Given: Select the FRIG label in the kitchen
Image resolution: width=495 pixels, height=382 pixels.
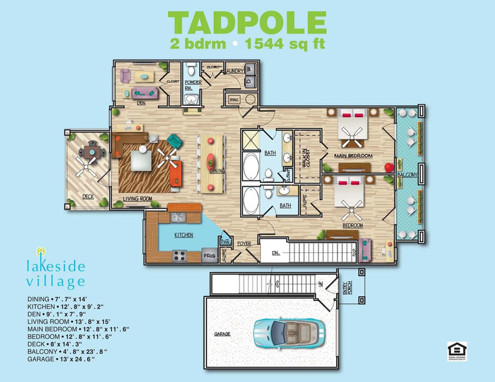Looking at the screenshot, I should pyautogui.click(x=209, y=256).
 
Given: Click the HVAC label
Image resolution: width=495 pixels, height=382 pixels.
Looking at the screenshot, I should pyautogui.click(x=234, y=100).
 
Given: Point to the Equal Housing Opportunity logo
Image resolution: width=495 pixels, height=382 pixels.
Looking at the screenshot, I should pyautogui.click(x=456, y=351).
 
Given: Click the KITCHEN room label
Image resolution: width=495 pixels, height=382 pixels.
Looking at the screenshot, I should pyautogui.click(x=184, y=235).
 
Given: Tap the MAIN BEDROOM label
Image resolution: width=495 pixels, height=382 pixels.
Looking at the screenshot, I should pyautogui.click(x=353, y=156).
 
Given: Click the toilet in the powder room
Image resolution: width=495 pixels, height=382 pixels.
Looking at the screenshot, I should pyautogui.click(x=191, y=69).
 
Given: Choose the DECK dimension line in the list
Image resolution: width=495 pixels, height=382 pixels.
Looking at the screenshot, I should pyautogui.click(x=56, y=344).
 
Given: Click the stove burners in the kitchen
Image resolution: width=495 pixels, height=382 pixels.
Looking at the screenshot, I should pyautogui.click(x=180, y=256).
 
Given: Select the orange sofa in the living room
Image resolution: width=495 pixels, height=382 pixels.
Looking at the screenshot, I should pyautogui.click(x=176, y=173).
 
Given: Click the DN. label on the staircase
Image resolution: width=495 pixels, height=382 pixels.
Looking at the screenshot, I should pyautogui.click(x=277, y=253).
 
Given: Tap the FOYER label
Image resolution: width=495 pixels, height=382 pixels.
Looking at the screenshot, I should pyautogui.click(x=244, y=244).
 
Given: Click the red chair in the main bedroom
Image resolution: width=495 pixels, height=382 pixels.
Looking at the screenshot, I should pyautogui.click(x=388, y=167).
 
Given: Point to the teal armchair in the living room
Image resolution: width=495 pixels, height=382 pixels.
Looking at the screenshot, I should pyautogui.click(x=174, y=141).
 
